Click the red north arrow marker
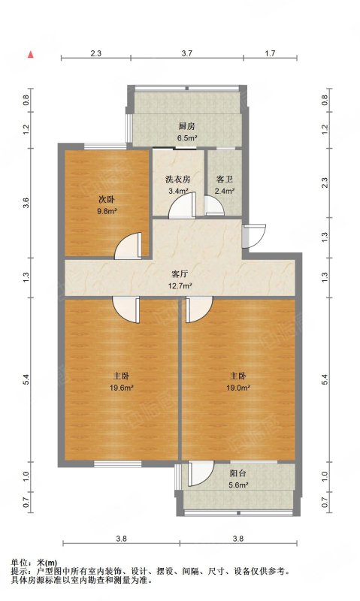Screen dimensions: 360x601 pyautogui.click(x=31, y=54)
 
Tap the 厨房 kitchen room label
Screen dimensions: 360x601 pyautogui.click(x=186, y=126)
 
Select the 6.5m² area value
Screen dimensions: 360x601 pyautogui.click(x=186, y=138)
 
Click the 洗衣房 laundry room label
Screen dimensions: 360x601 pyautogui.click(x=178, y=179)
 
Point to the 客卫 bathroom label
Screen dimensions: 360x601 pyautogui.click(x=224, y=179)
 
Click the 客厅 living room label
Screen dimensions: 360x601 pyautogui.click(x=180, y=274)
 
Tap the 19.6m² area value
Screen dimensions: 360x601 pyautogui.click(x=122, y=388)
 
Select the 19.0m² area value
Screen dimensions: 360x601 pyautogui.click(x=238, y=388)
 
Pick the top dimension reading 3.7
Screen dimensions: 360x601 pyautogui.click(x=186, y=53)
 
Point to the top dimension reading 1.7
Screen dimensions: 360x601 pyautogui.click(x=271, y=53)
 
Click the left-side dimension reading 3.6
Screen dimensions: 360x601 pyautogui.click(x=26, y=202)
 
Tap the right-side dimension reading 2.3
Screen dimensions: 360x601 pyautogui.click(x=325, y=183)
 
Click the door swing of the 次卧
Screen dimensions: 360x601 pyautogui.click(x=129, y=246)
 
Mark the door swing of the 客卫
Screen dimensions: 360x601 pyautogui.click(x=213, y=205)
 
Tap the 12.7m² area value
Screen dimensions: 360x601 pyautogui.click(x=180, y=285)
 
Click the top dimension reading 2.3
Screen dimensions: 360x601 pyautogui.click(x=96, y=53)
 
